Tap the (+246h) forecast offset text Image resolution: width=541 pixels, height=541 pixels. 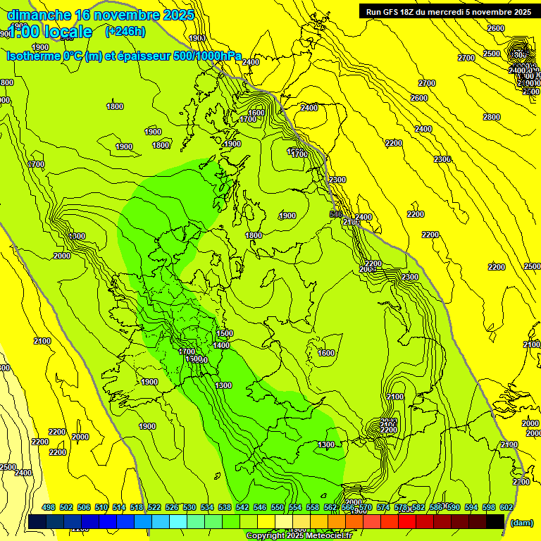pos(125,31)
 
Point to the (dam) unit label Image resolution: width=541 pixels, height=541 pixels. pos(521,523)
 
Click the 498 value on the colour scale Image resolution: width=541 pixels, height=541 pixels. pos(49,507)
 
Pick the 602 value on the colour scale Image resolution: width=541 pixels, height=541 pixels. pos(506,507)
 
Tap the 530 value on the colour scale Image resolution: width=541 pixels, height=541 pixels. pos(189,507)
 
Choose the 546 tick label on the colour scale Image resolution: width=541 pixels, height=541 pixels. pos(260,507)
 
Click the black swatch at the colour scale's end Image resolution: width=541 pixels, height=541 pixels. pos(495,521)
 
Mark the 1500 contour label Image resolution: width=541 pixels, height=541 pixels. pos(225,333)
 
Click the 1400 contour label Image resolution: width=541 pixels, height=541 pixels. pos(221,345)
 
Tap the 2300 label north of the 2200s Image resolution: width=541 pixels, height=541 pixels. pos(442,160)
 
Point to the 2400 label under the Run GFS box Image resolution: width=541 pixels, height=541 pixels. pos(423,129)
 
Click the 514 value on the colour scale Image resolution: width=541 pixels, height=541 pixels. pos(119,507)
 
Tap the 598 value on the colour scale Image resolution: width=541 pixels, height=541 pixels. pos(489,507)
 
